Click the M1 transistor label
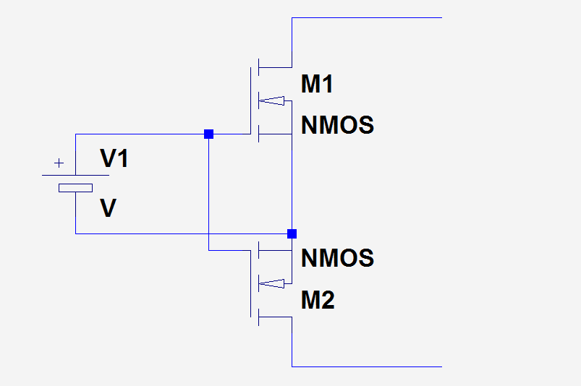[x=317, y=84]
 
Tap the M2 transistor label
[x=318, y=300]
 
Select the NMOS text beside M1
[x=338, y=125]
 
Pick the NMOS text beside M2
[x=338, y=258]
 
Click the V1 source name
[x=114, y=158]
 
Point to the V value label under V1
[x=109, y=208]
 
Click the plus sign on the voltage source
[x=59, y=163]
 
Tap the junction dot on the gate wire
[x=208, y=134]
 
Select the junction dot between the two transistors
[x=292, y=234]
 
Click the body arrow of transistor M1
[x=271, y=100]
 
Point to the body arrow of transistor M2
[x=271, y=284]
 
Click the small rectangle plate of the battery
[x=75, y=188]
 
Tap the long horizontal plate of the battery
[x=75, y=175]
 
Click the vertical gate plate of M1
[x=250, y=100]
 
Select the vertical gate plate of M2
[x=250, y=284]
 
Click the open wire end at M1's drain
[x=441, y=17]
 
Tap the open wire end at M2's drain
[x=441, y=366]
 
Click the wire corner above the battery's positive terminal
[x=75, y=134]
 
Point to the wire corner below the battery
[x=75, y=234]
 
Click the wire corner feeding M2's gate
[x=208, y=251]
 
